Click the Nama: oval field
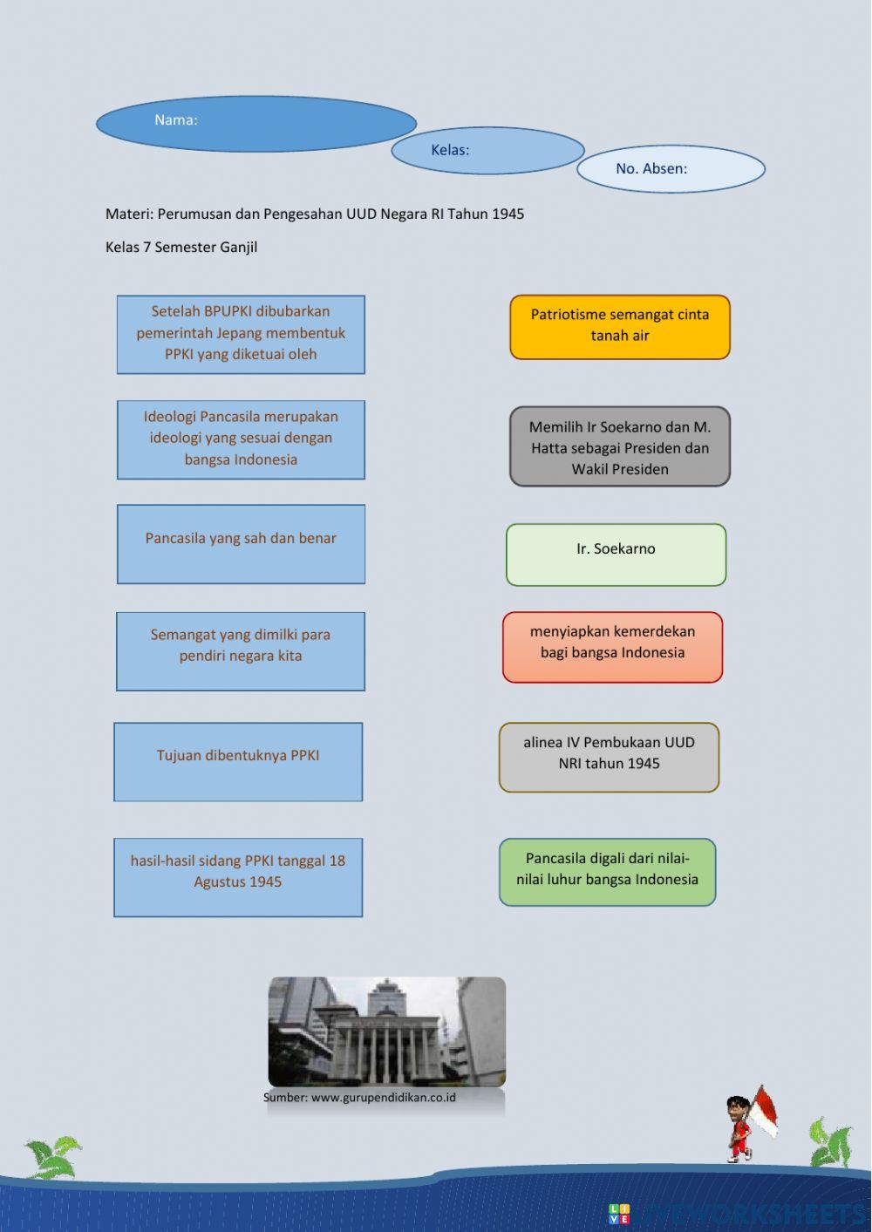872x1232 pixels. click(255, 124)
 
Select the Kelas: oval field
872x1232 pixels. click(487, 150)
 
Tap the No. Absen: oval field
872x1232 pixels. click(671, 168)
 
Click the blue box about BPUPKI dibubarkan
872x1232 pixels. click(241, 334)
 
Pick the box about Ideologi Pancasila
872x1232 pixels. click(241, 439)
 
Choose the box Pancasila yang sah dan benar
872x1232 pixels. click(241, 543)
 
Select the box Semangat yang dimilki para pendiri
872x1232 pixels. click(241, 650)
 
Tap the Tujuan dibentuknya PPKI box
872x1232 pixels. click(238, 761)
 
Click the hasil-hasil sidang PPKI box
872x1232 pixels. click(238, 876)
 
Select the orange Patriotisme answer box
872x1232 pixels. click(620, 326)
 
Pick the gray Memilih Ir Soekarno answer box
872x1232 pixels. click(620, 446)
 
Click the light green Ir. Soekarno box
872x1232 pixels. click(616, 554)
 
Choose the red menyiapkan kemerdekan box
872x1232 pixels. click(612, 646)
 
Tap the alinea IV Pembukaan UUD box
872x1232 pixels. click(609, 757)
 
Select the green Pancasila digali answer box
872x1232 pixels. click(607, 871)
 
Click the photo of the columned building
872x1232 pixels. click(386, 1031)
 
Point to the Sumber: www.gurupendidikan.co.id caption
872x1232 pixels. click(359, 1098)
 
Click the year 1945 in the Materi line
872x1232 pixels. click(508, 214)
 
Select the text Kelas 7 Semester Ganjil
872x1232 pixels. click(181, 247)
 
